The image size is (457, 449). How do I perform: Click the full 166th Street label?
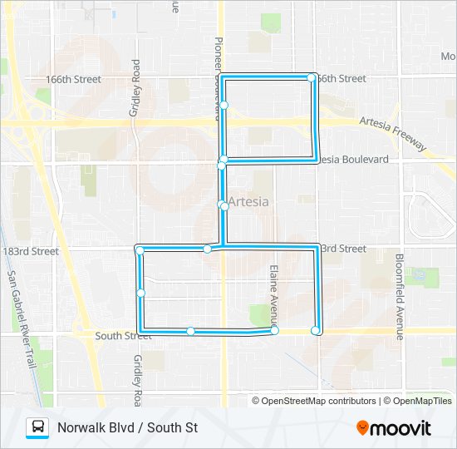click(74, 80)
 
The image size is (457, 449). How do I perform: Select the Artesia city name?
click(248, 202)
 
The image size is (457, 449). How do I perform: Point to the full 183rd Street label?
click(31, 251)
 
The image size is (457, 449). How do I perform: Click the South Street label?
click(123, 336)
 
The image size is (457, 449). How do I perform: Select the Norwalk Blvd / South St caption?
click(127, 428)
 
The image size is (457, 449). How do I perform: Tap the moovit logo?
click(394, 428)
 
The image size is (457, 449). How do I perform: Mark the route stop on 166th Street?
click(312, 77)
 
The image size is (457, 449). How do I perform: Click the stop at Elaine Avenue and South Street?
click(274, 331)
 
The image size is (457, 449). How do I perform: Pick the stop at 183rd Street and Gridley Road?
click(140, 250)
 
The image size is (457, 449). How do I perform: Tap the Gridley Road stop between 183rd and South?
click(141, 293)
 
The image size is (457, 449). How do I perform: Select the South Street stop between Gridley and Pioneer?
click(190, 332)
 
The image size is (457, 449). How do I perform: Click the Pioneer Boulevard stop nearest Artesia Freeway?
click(224, 105)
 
